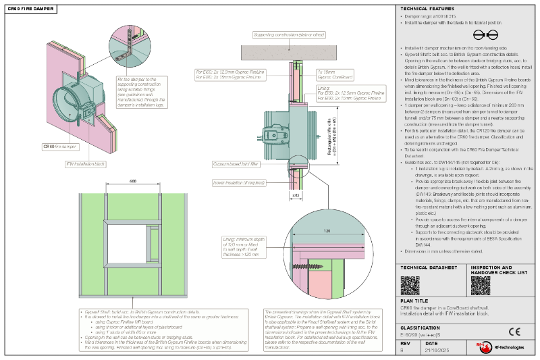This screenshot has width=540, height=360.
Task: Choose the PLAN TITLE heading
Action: pyautogui.click(x=415, y=303)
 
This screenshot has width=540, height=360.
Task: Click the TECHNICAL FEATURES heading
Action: pyautogui.click(x=427, y=7)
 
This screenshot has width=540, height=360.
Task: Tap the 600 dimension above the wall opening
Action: pyautogui.click(x=134, y=181)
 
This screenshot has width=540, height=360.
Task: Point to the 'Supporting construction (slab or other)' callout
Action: pyautogui.click(x=290, y=34)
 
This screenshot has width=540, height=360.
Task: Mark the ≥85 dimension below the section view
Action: pyautogui.click(x=296, y=195)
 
